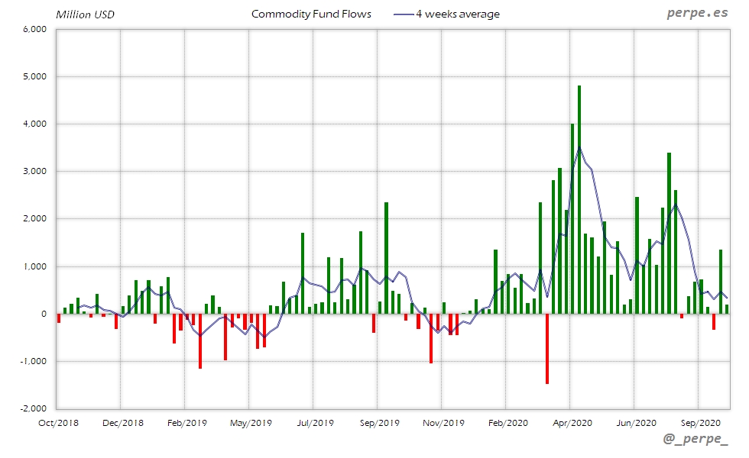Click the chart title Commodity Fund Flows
tap(311, 14)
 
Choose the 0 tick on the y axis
tap(44, 314)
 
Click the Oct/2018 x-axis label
tap(58, 422)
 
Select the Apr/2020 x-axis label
tap(572, 422)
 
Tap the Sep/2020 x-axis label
tap(699, 422)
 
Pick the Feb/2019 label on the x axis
tap(186, 422)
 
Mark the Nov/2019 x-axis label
tap(443, 422)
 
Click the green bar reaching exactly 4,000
tap(572, 218)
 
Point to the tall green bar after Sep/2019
tap(387, 258)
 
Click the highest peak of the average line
tap(579, 147)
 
